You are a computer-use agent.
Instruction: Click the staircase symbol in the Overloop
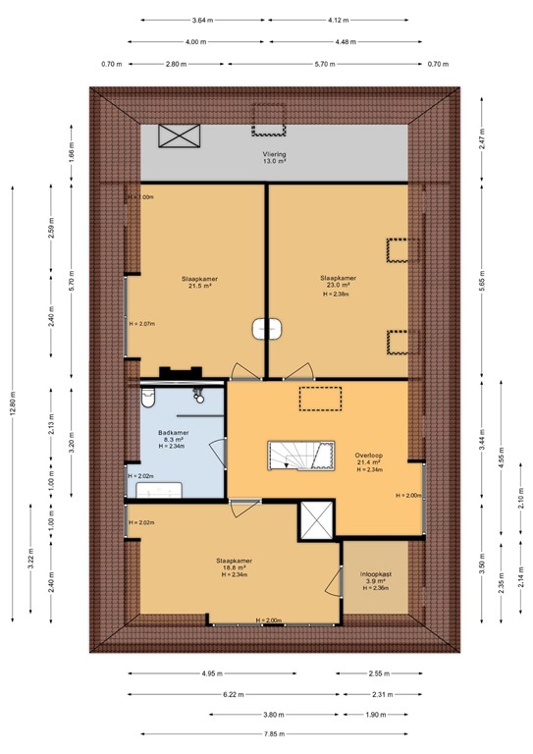[x=293, y=456]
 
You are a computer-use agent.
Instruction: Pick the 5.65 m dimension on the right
[x=482, y=283]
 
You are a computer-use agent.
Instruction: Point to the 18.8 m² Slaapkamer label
[x=233, y=567]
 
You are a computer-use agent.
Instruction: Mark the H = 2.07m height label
[x=143, y=323]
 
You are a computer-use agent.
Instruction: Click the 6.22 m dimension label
[x=235, y=694]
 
